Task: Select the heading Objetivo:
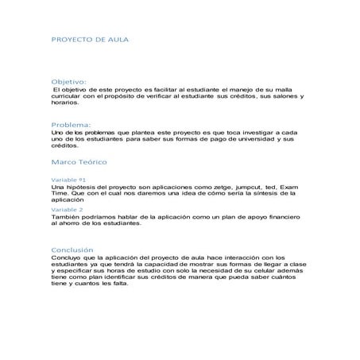tap(68, 82)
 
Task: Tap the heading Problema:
tap(71, 126)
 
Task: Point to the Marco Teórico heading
tap(78, 162)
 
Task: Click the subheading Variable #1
tap(68, 180)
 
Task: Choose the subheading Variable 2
tap(67, 210)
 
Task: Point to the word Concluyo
tap(66, 257)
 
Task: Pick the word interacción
tap(229, 257)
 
